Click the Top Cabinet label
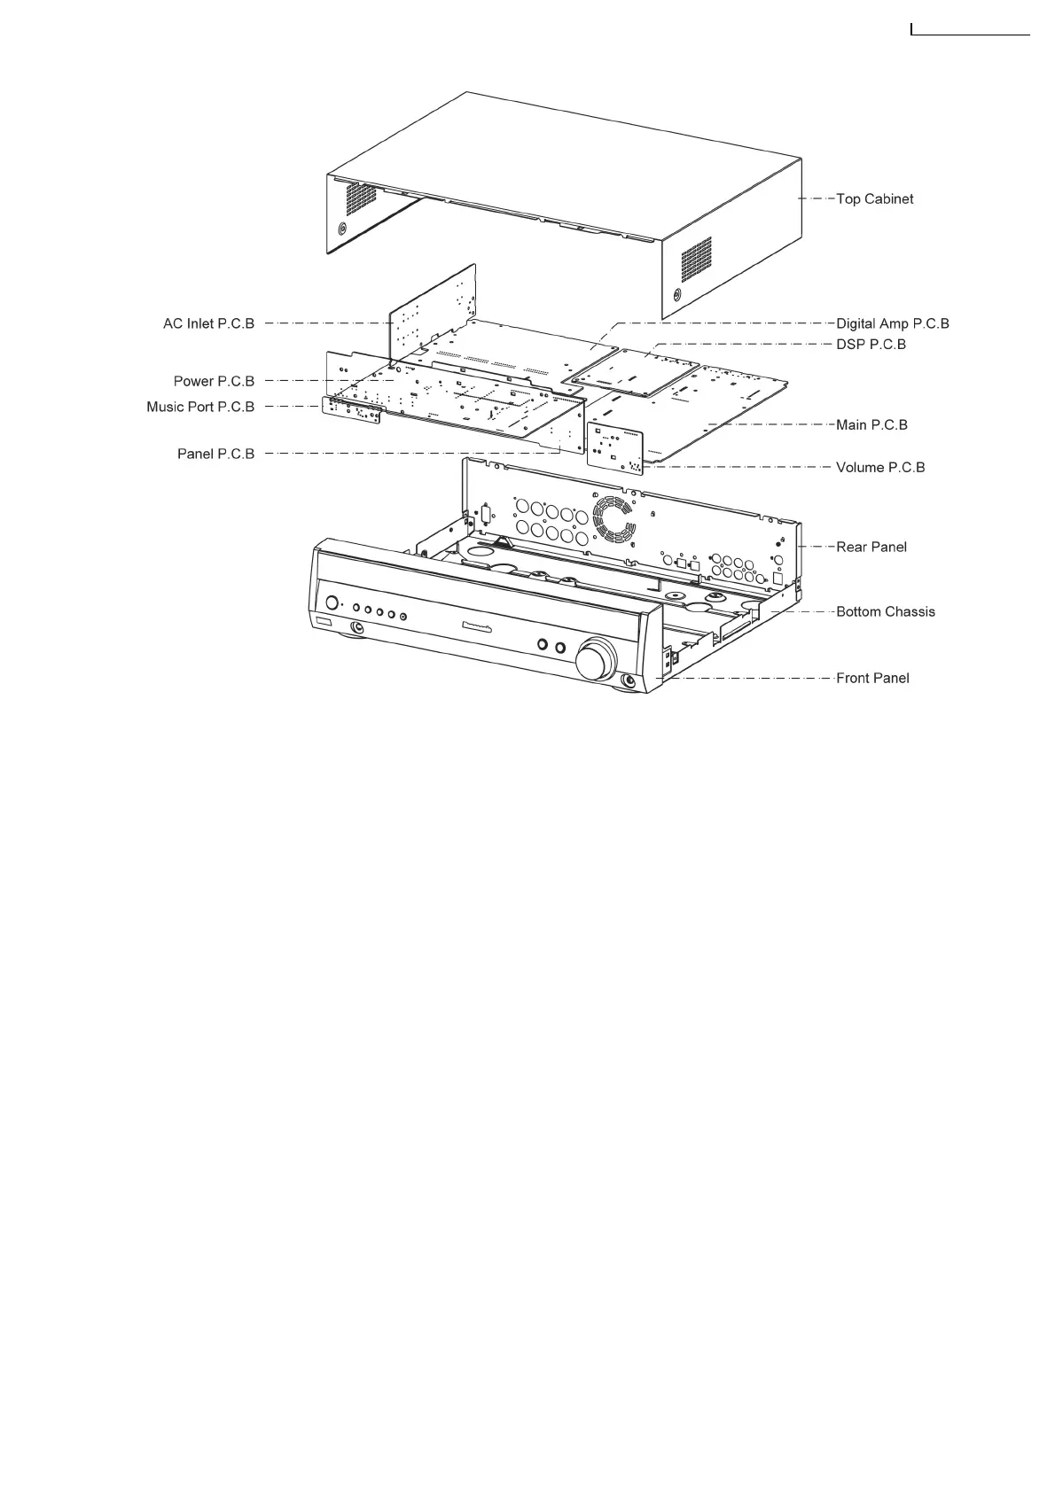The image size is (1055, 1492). point(874,199)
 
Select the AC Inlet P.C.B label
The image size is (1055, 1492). point(208,324)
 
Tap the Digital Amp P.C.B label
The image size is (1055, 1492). point(892,324)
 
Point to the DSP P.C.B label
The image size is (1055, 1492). point(871,345)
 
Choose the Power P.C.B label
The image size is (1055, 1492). point(214,382)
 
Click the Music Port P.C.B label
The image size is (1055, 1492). point(200,408)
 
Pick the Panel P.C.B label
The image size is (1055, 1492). point(215,455)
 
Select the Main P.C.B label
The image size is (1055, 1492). point(871,425)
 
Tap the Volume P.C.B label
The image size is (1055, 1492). point(880,468)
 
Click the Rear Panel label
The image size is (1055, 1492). point(871,548)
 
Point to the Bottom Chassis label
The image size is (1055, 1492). point(885,612)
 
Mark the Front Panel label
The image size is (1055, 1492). point(872,679)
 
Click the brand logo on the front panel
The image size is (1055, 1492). point(488,630)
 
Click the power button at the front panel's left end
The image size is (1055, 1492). point(332,603)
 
